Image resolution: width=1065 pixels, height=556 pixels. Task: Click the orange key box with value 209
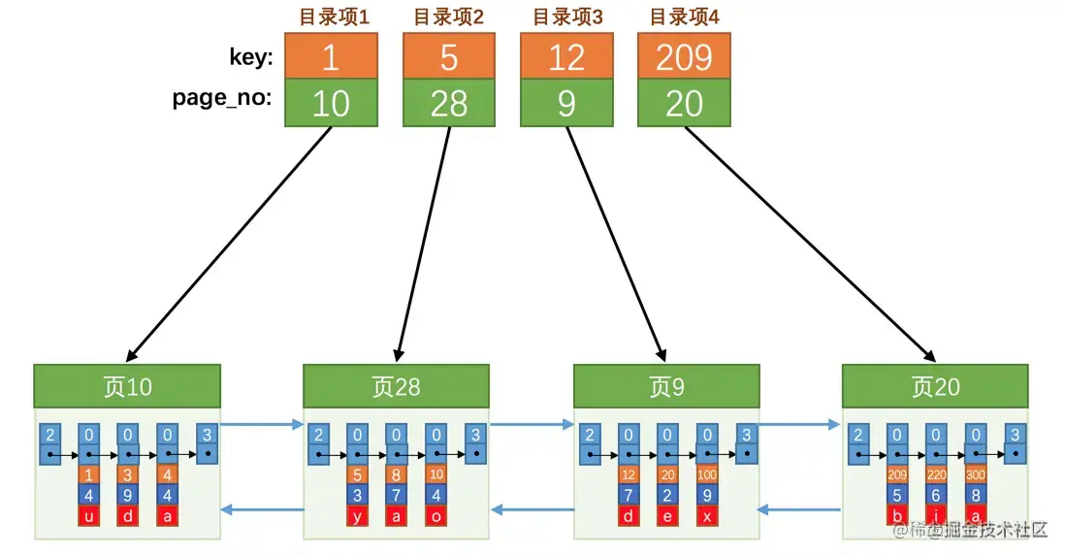click(x=684, y=57)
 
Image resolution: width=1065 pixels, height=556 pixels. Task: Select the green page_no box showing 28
click(x=448, y=103)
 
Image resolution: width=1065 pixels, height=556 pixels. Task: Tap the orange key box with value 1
click(x=331, y=57)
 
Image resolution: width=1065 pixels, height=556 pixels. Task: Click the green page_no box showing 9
click(x=566, y=103)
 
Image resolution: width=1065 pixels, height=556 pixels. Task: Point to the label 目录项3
click(x=566, y=16)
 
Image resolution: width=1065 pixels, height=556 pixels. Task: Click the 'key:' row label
click(x=250, y=58)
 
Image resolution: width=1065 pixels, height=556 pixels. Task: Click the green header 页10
click(x=127, y=386)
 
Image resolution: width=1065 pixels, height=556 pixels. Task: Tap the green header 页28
click(x=396, y=386)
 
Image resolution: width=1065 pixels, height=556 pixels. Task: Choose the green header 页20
click(x=935, y=386)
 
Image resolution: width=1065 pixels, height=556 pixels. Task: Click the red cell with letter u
click(x=88, y=515)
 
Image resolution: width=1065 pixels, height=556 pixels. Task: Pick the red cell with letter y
click(x=357, y=515)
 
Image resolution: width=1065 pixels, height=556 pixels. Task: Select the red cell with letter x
click(x=706, y=515)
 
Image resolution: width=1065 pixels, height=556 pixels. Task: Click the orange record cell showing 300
click(x=975, y=475)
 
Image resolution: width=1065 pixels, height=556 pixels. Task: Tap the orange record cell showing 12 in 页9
click(x=629, y=475)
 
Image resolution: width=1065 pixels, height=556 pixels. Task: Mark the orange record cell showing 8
click(x=397, y=475)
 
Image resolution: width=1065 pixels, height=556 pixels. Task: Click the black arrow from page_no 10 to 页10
click(x=229, y=243)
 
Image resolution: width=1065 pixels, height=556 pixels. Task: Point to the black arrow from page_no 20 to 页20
click(x=810, y=243)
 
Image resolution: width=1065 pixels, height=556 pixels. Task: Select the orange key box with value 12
click(x=566, y=57)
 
